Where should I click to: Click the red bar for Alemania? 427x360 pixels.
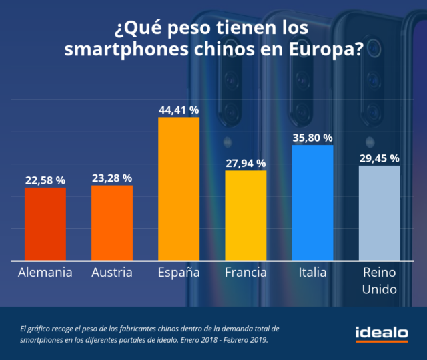[45, 224]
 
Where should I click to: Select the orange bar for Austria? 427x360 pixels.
[112, 222]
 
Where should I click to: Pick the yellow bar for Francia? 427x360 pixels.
[246, 215]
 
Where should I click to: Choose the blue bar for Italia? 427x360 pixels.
[312, 202]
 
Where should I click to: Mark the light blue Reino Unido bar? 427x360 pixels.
[379, 212]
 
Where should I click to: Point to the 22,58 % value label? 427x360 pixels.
[45, 180]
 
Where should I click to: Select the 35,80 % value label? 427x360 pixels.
[312, 138]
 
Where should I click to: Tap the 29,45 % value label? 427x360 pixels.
[379, 158]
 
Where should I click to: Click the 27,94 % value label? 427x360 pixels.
[246, 163]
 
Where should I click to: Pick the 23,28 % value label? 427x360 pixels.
[112, 178]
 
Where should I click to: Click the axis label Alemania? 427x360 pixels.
[45, 273]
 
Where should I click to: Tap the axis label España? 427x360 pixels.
[179, 273]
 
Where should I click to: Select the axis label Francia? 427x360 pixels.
[246, 273]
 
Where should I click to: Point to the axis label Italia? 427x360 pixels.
[312, 273]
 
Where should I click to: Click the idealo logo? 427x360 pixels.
[381, 332]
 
